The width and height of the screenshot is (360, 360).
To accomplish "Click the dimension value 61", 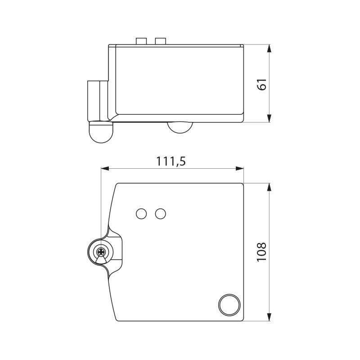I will pos(262,84).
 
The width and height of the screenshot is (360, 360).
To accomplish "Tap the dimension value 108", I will pos(262,252).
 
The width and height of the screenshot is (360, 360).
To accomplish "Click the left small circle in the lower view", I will pos(141,214).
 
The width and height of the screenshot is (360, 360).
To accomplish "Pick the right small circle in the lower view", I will pos(160,214).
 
